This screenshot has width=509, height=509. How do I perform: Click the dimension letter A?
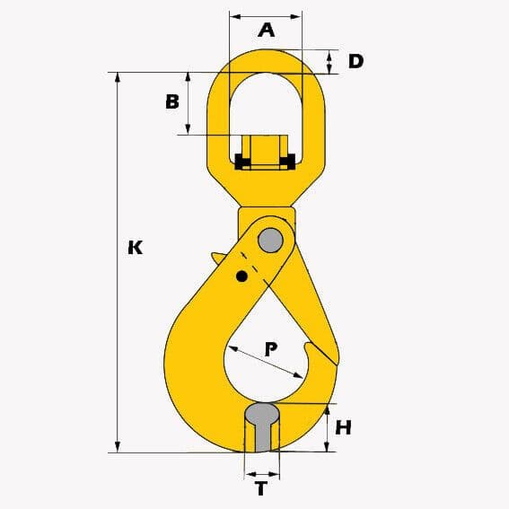coord(266,30)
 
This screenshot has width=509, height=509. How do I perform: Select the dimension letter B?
coord(172,101)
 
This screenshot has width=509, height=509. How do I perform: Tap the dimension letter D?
coord(355,61)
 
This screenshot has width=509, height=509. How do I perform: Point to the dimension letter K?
coord(136,247)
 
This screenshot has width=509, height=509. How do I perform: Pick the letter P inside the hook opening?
coord(270,349)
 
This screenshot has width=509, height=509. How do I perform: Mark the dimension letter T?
coord(261,489)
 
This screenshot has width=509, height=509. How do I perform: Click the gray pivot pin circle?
coord(270,241)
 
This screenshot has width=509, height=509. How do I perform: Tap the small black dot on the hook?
coord(241,276)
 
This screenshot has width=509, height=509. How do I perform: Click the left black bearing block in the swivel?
coord(241,162)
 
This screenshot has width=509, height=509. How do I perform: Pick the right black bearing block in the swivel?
coord(287,162)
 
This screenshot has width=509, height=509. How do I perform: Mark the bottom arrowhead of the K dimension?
coord(118,447)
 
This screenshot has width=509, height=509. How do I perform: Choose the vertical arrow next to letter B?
coord(189,103)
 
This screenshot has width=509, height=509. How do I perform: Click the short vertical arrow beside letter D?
coord(329,61)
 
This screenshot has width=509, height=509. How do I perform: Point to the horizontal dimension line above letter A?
coord(266,15)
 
